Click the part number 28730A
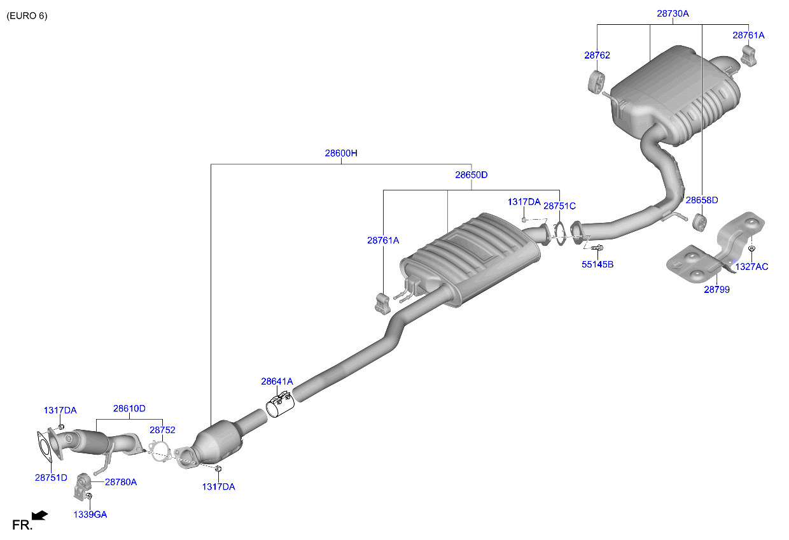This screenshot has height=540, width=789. coord(673,13)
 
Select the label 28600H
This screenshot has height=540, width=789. coord(341,153)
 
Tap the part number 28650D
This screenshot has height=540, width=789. coord(471,174)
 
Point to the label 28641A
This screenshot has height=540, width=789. coord(277,381)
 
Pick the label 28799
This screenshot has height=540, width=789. coord(716,289)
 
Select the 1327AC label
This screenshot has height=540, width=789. coord(751,267)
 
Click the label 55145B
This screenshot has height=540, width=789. coord(597,264)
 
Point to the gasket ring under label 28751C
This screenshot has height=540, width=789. coord(560,232)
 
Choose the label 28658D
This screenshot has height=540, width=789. coord(701,200)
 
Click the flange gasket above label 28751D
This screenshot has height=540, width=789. coord(43,446)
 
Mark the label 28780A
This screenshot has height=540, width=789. coord(121,482)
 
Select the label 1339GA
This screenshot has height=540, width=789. coord(90,515)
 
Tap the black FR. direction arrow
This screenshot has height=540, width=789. coord(39,515)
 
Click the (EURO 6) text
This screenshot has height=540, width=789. coord(27,15)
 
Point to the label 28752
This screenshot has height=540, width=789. coord(162,430)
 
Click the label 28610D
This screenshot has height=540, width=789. coord(129,409)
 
